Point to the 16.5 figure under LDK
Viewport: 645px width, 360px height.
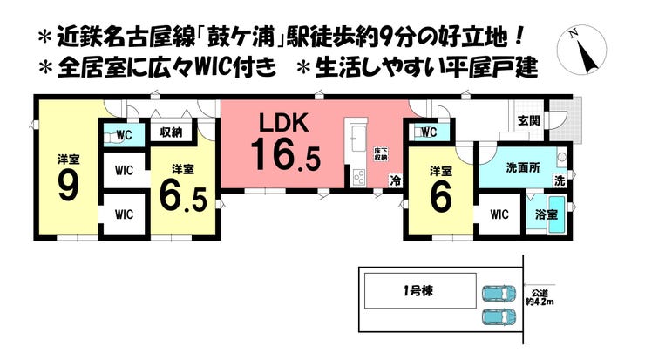285,157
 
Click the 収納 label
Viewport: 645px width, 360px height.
170,132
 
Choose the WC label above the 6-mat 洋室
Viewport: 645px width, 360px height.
427,132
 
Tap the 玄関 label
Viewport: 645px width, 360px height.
527,120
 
